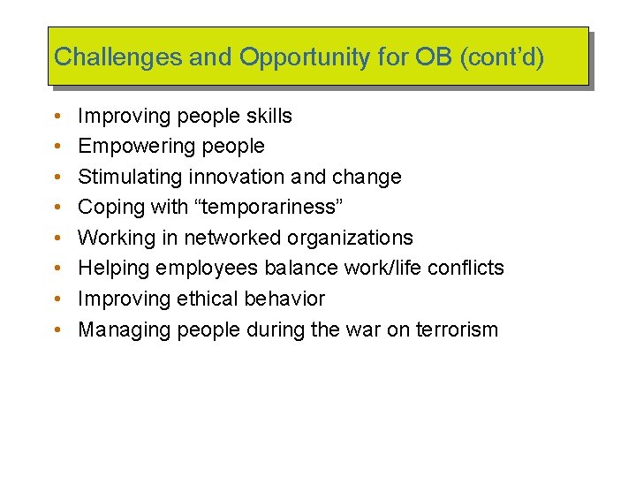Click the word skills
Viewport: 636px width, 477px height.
266,116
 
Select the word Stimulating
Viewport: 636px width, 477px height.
131,177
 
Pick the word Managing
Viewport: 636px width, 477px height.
125,330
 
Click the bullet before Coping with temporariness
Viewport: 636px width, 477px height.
57,208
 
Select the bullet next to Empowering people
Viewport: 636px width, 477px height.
57,147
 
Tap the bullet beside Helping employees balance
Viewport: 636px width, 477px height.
57,269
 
